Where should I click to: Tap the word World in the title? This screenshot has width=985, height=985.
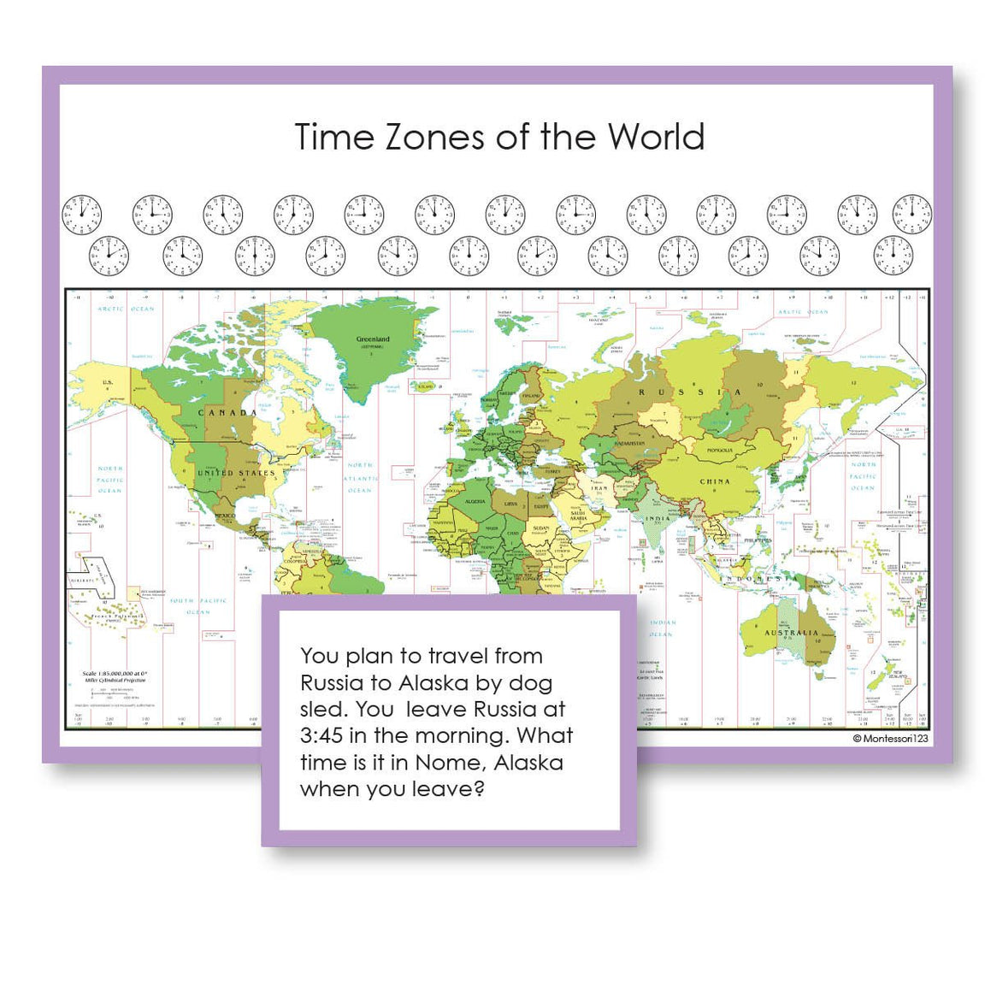[657, 137]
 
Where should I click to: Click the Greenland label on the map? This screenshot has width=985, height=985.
[373, 339]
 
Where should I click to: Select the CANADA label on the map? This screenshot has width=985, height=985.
[227, 413]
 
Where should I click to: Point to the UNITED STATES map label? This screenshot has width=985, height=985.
[237, 473]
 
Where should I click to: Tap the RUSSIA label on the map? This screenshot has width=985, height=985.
[691, 392]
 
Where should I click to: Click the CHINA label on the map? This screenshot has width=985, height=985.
[715, 481]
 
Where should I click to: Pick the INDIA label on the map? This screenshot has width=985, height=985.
[658, 519]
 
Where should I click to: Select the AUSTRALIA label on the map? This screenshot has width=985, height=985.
[791, 634]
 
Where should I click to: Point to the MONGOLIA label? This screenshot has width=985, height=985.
[719, 451]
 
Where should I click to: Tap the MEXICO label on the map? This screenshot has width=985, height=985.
[224, 516]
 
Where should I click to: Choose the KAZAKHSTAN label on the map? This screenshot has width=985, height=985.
[628, 444]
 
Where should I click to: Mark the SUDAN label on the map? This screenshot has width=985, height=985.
[541, 528]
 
